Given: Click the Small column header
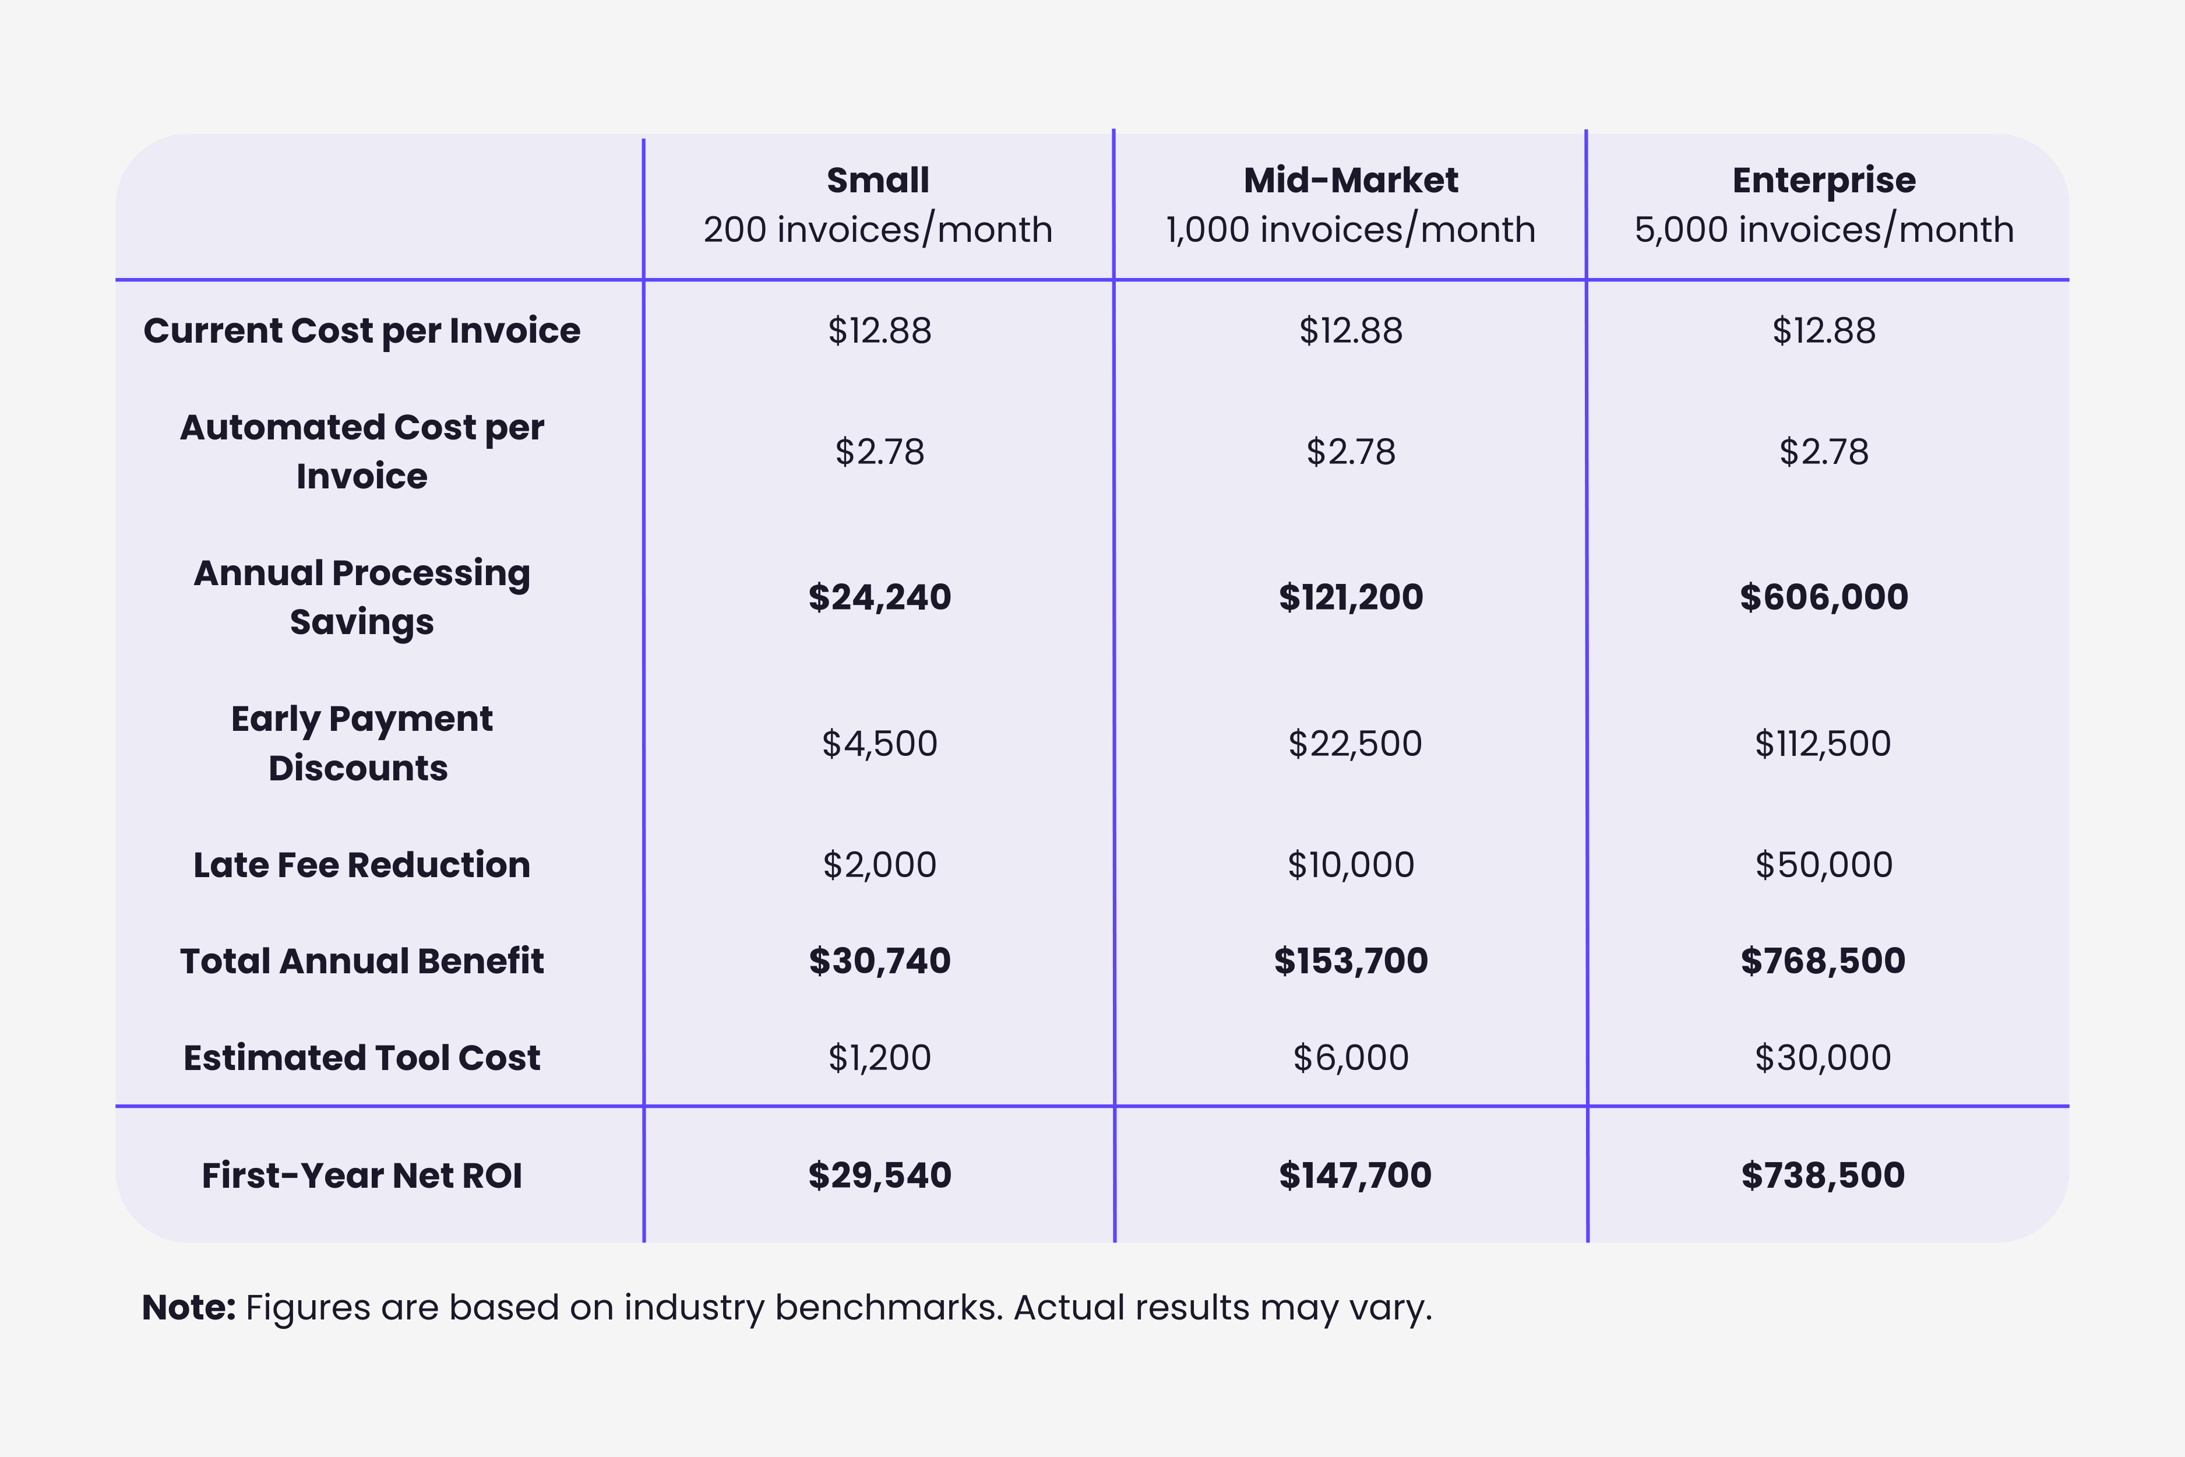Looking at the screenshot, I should click(x=878, y=180).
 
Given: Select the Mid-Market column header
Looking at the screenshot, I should click(x=1351, y=180).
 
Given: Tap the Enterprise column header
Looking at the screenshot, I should click(x=1824, y=180).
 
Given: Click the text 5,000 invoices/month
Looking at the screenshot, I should click(x=1824, y=230).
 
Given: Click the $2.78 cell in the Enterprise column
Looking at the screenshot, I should click(x=1824, y=452).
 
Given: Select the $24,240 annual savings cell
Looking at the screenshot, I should click(x=879, y=597).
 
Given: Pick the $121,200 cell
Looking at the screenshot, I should click(x=1351, y=597).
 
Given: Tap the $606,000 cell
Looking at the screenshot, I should click(x=1824, y=597).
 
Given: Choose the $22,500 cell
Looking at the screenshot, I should click(x=1355, y=744).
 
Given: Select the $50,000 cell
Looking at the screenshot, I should click(x=1824, y=865).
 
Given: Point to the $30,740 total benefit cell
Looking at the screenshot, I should click(x=879, y=961).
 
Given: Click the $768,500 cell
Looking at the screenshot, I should click(x=1823, y=961).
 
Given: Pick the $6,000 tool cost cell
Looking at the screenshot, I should click(x=1351, y=1057).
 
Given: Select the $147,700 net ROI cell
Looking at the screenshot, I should click(x=1355, y=1176).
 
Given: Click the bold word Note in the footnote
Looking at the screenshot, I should click(x=189, y=1307).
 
